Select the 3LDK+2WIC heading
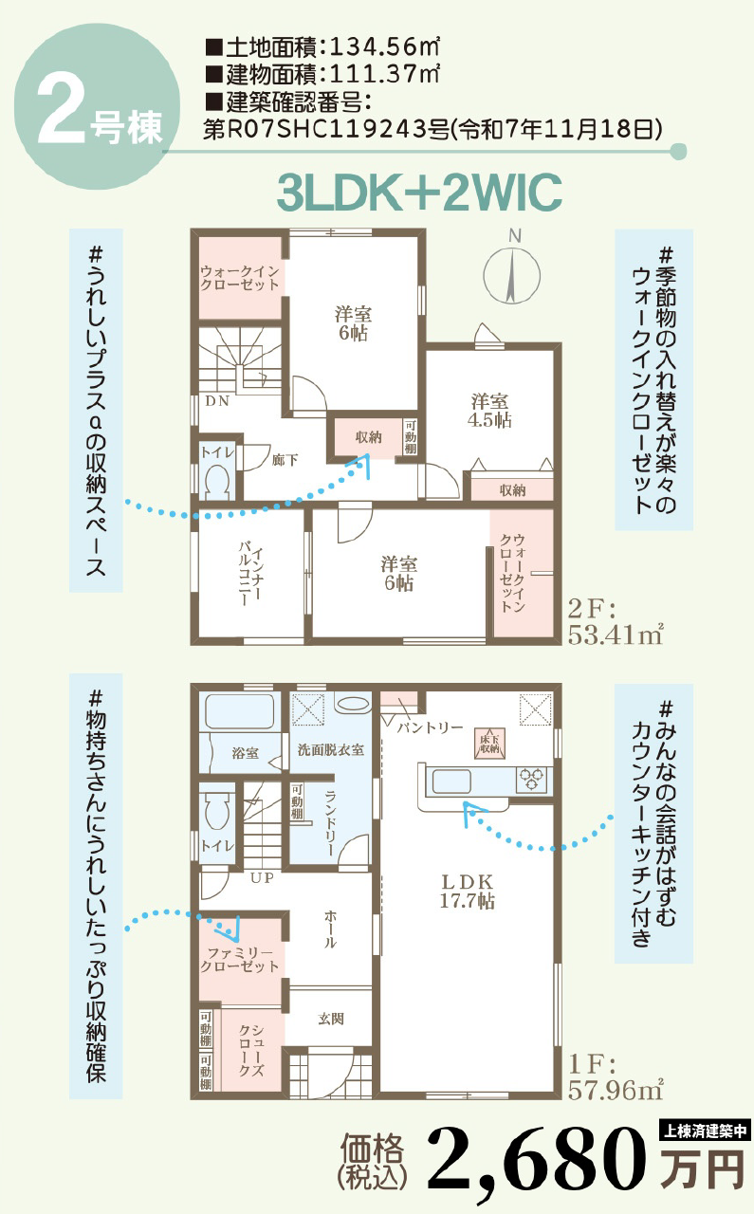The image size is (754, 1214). (419, 193)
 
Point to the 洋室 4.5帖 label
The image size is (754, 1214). (490, 411)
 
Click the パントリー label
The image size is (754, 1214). (431, 727)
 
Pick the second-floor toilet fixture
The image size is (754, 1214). (217, 481)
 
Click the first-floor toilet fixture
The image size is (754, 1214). (217, 812)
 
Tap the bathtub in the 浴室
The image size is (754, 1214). (240, 711)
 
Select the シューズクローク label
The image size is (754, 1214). (251, 1051)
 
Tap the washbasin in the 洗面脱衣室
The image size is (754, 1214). (352, 704)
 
